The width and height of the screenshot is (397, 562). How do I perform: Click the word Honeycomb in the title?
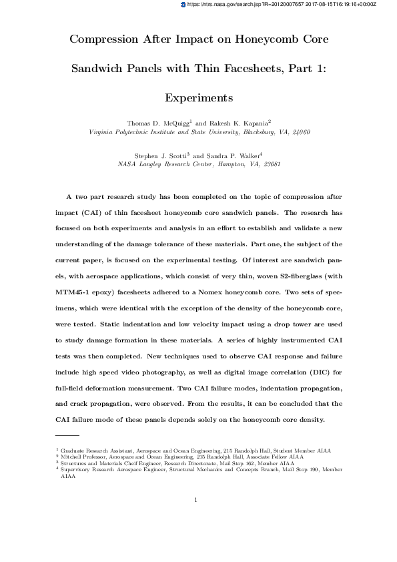tap(262, 39)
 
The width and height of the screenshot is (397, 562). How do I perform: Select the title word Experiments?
tap(198, 97)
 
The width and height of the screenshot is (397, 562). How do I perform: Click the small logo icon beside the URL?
tap(185, 4)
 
